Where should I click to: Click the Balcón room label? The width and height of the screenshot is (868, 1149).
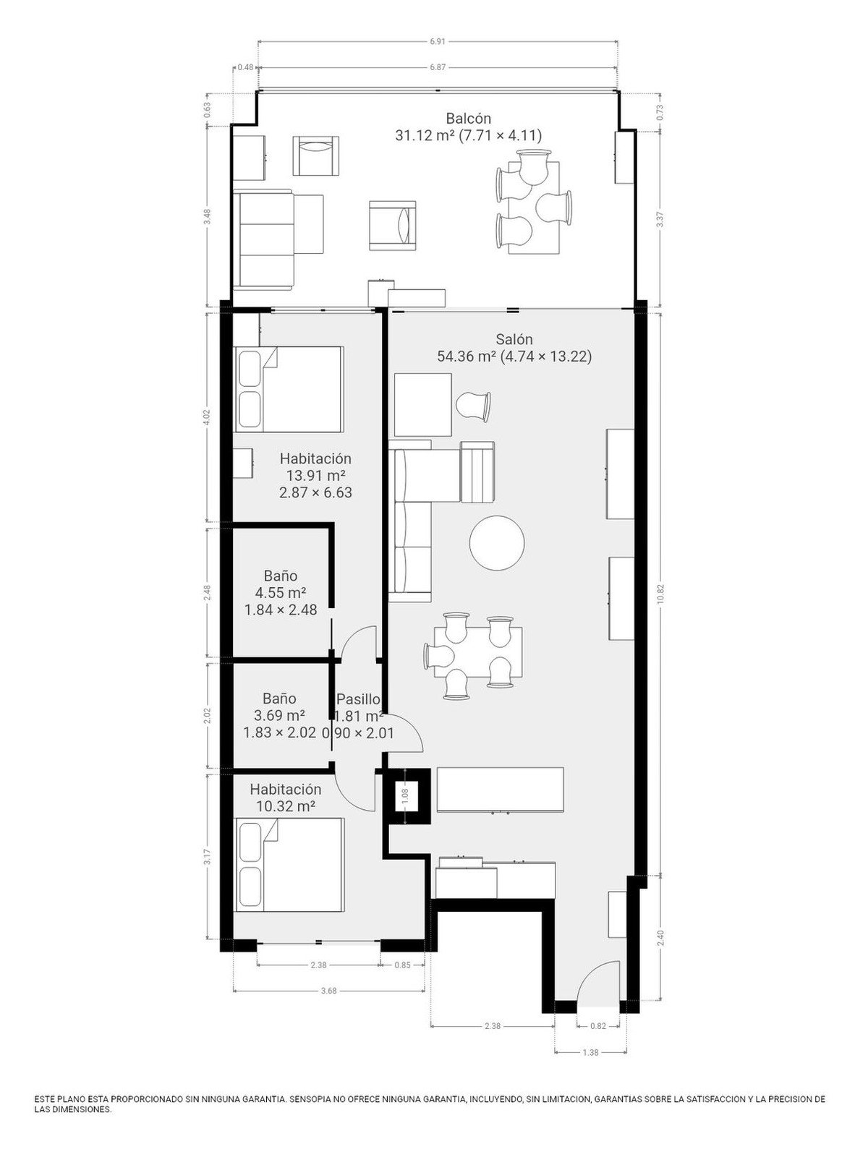pyautogui.click(x=468, y=118)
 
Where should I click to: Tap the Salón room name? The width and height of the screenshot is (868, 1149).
pyautogui.click(x=514, y=339)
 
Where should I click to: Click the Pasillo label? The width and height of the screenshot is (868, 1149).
pyautogui.click(x=358, y=699)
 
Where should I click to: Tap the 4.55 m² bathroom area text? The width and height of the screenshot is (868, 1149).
pyautogui.click(x=281, y=592)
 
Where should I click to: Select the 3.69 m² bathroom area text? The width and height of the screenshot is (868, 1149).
pyautogui.click(x=279, y=715)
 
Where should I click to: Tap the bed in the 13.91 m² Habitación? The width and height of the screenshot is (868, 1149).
pyautogui.click(x=289, y=389)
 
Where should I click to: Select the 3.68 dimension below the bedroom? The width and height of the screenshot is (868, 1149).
pyautogui.click(x=328, y=991)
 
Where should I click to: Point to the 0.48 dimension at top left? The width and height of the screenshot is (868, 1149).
pyautogui.click(x=245, y=67)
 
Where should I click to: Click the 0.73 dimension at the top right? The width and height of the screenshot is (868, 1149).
pyautogui.click(x=660, y=112)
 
